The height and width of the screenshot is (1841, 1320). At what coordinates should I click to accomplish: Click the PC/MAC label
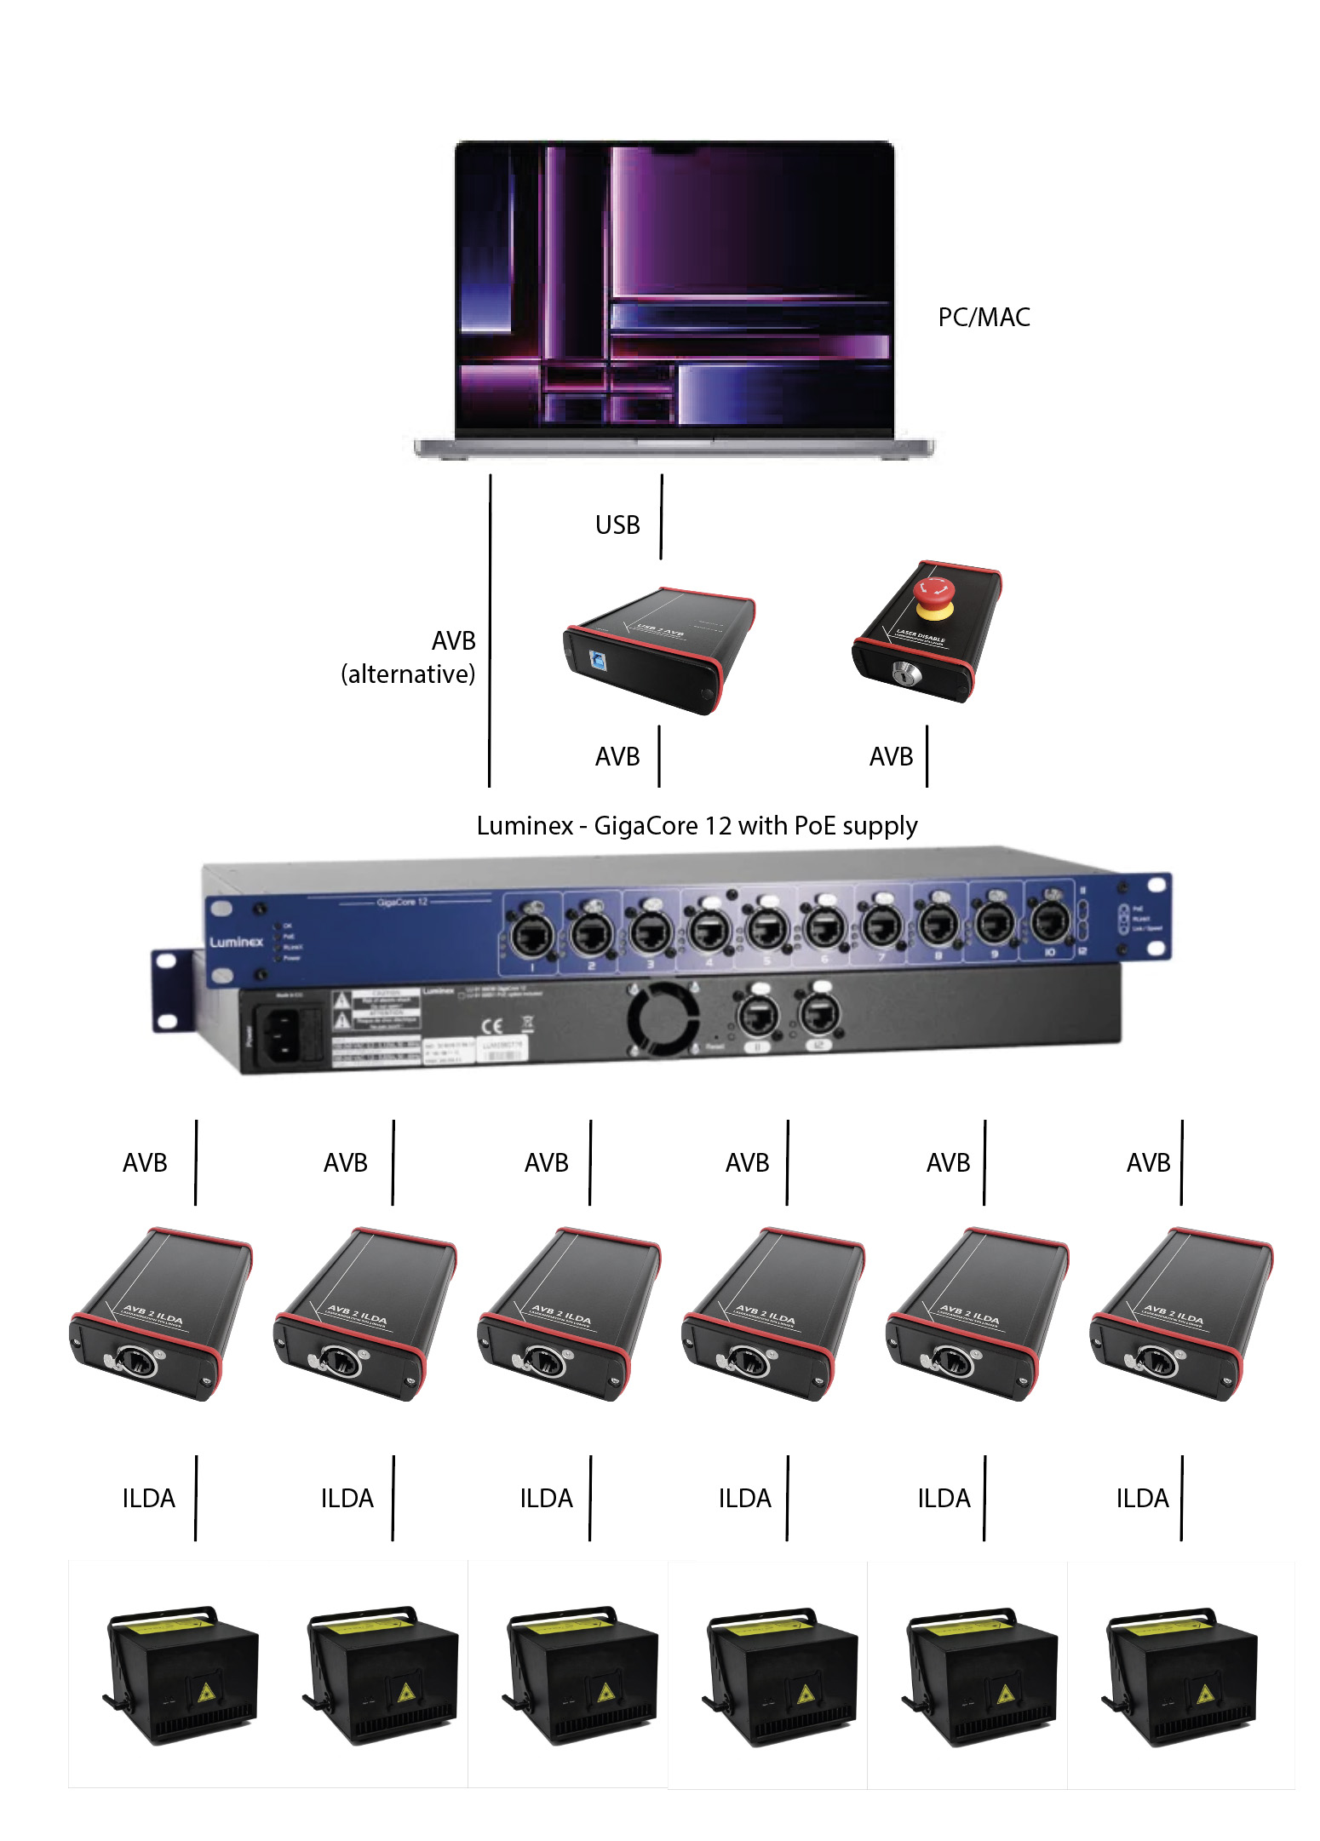tap(984, 318)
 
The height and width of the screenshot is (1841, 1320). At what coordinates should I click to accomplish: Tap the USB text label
tap(617, 525)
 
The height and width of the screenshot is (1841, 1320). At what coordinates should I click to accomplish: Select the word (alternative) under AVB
tap(408, 674)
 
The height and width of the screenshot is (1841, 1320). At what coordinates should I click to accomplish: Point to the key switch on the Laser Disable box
tap(902, 674)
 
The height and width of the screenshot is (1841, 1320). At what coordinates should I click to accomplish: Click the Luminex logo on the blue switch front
tap(237, 942)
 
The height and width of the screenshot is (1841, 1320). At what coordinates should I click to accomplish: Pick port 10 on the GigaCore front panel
tap(1050, 922)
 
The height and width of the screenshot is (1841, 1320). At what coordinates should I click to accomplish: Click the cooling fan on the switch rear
tap(663, 1018)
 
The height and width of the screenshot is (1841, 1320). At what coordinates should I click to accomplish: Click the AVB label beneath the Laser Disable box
tap(891, 757)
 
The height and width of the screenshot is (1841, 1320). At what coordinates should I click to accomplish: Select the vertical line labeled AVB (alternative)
tap(490, 630)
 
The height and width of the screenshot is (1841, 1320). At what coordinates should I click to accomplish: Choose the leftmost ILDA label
tap(148, 1499)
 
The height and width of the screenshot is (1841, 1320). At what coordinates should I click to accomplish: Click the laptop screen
tap(674, 285)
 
